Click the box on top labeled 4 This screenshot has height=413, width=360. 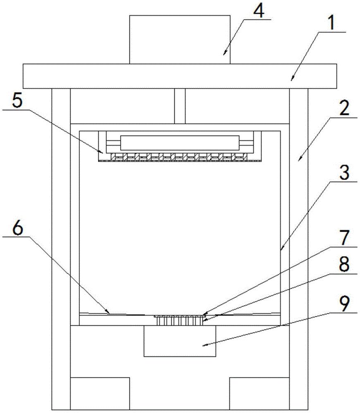coord(179,39)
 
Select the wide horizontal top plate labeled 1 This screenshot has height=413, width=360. coord(179,76)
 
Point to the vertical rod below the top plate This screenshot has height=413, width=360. coord(179,106)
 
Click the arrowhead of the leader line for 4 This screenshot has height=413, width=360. coord(224,53)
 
